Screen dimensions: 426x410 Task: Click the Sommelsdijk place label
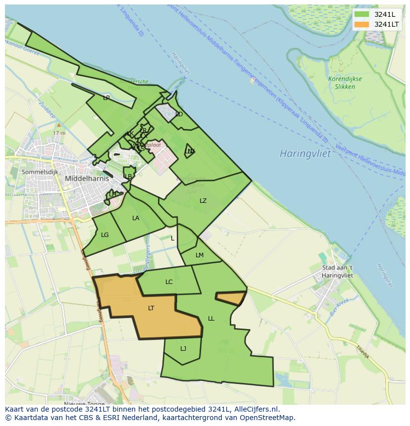tap(40, 172)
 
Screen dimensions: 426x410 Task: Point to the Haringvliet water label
tap(305, 153)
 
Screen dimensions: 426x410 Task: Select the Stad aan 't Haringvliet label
tap(337, 272)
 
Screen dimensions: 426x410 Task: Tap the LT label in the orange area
tap(151, 308)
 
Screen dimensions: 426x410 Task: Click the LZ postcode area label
tap(203, 200)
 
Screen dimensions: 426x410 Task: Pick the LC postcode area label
tap(169, 282)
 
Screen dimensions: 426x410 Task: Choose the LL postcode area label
tap(211, 319)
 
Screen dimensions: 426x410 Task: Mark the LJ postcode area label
tap(183, 349)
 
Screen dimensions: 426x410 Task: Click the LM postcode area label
tap(200, 255)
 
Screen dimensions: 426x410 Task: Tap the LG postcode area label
tap(104, 235)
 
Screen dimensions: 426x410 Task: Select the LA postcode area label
tap(136, 218)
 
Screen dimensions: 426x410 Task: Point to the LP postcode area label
tap(106, 98)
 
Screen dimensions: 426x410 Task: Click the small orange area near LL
tap(230, 298)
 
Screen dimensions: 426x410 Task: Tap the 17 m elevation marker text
tap(59, 133)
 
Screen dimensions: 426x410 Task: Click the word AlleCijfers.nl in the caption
tap(252, 410)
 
